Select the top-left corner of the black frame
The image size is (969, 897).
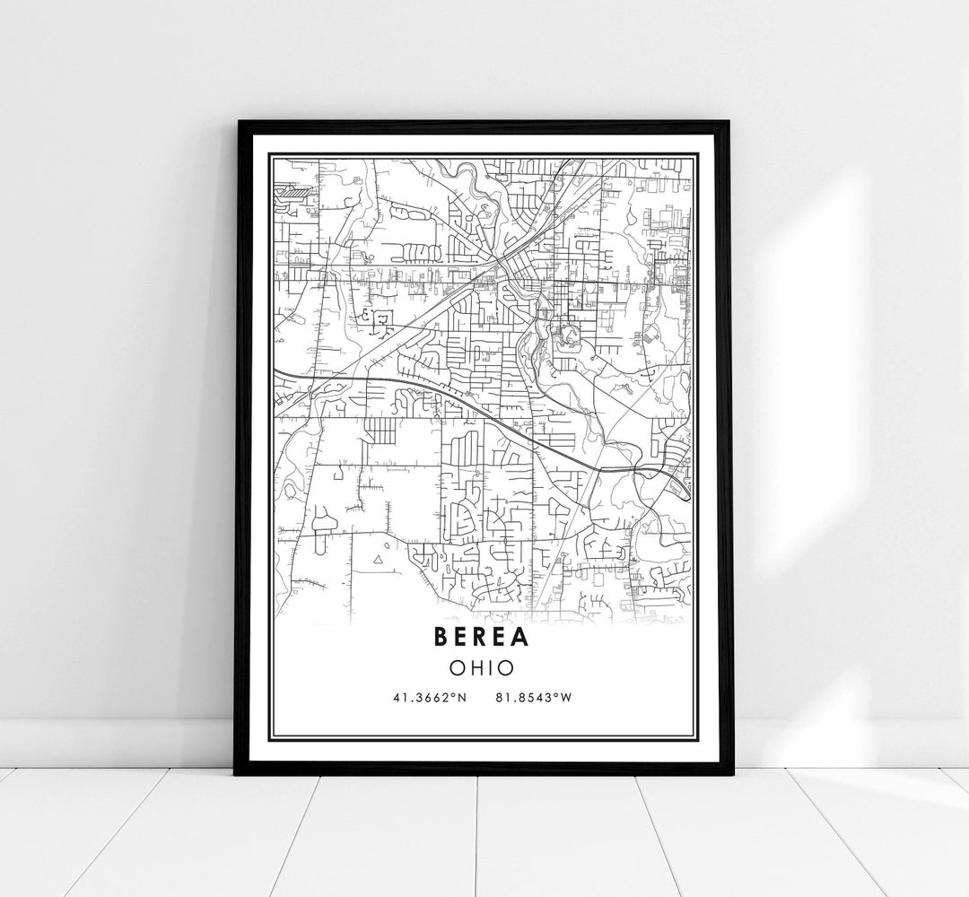point(238,122)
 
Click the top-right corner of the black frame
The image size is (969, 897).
point(730,122)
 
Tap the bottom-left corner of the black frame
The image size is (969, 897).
point(238,772)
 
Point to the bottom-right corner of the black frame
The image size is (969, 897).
point(730,772)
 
